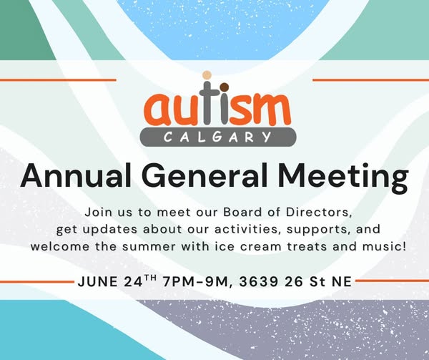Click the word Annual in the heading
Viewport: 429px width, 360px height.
[x=75, y=175]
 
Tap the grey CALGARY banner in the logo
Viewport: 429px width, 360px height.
[x=218, y=137]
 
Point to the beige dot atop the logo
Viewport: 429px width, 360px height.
[x=207, y=75]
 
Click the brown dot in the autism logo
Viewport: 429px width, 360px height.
[x=224, y=87]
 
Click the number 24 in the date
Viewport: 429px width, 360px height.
[x=133, y=282]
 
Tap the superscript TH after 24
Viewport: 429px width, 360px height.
[x=150, y=278]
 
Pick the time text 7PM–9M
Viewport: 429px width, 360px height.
[x=195, y=282]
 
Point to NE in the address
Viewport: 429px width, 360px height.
[x=342, y=282]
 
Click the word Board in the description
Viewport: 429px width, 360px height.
[x=239, y=212]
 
